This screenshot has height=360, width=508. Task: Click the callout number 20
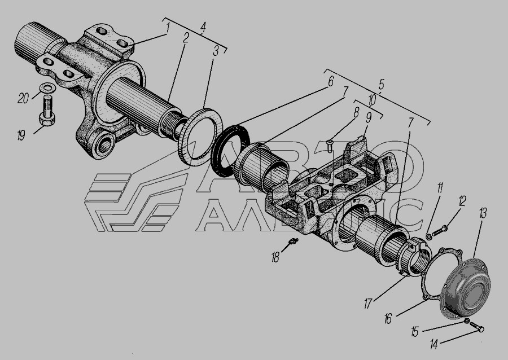tap(23, 98)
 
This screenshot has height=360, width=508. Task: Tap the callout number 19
tap(21, 135)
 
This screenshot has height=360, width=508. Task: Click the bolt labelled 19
tap(47, 111)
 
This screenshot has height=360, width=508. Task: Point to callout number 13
tap(483, 213)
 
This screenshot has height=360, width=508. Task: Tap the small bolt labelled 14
tap(476, 326)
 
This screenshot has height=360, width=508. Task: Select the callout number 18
tap(275, 257)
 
